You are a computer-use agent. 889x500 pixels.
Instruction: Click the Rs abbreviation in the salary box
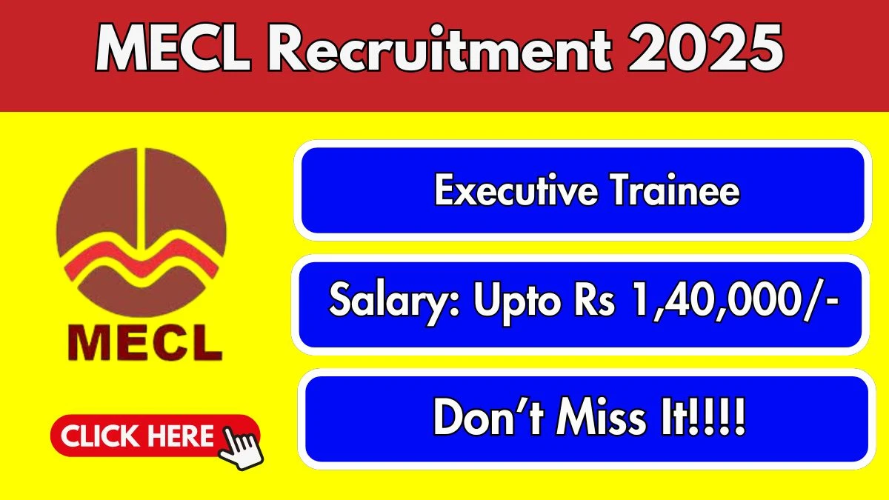(x=592, y=304)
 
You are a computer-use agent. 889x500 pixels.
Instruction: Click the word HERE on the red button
(x=179, y=436)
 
